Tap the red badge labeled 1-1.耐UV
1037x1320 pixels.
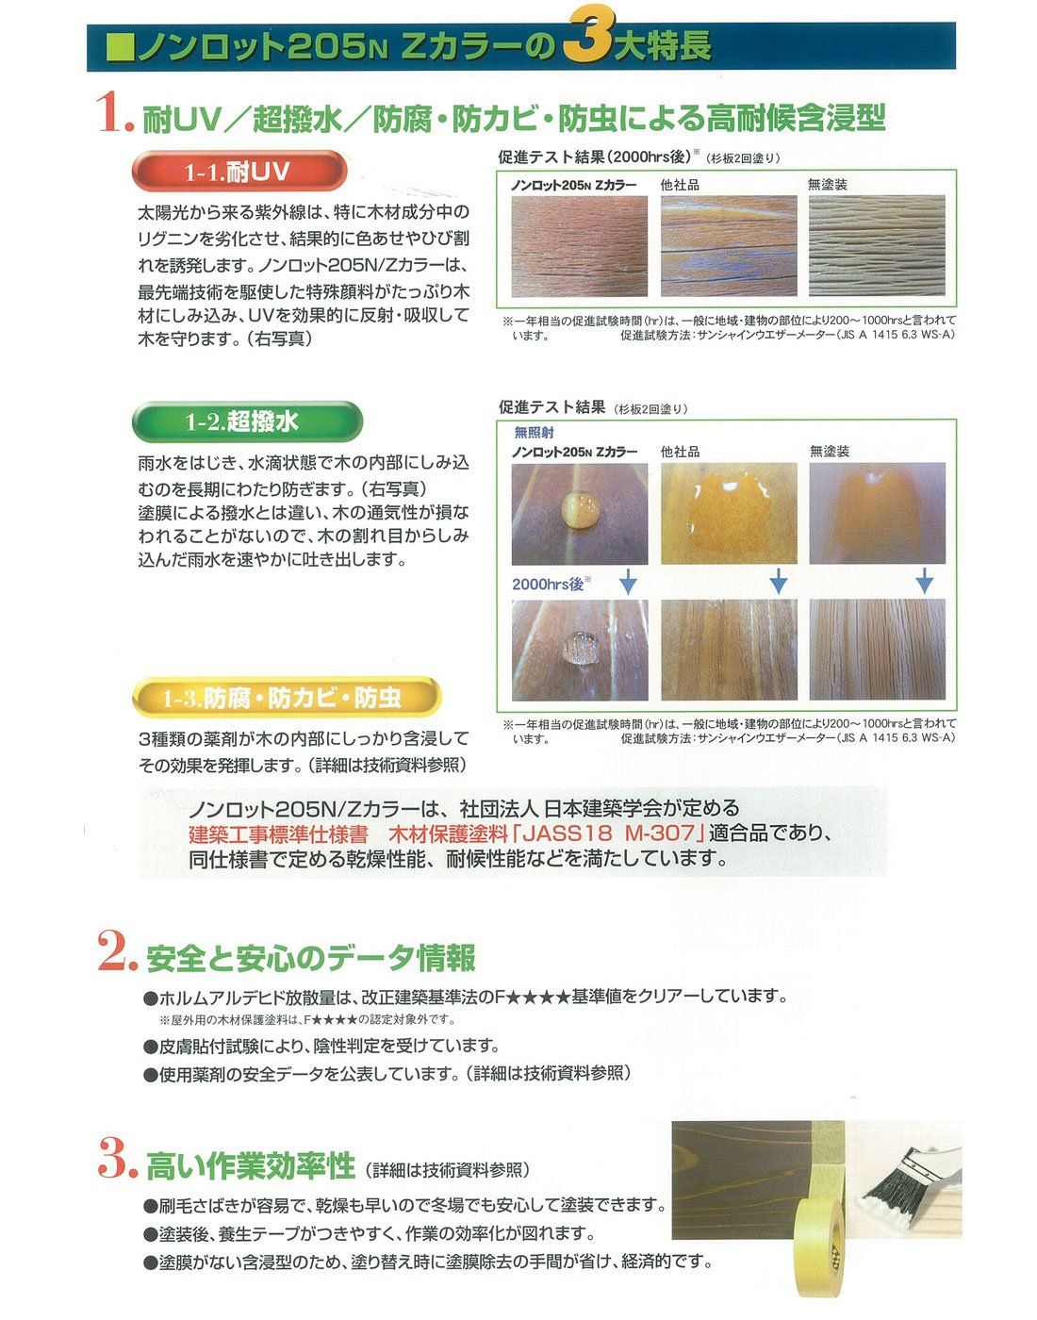(239, 172)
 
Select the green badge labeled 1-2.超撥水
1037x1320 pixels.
(247, 421)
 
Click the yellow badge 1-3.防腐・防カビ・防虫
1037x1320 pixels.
(286, 698)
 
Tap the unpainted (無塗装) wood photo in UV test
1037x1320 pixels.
(876, 246)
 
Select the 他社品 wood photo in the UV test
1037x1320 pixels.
(729, 246)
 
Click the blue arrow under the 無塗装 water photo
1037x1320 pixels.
(925, 580)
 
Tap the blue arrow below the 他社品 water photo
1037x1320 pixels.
(778, 580)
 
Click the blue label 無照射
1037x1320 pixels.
(534, 433)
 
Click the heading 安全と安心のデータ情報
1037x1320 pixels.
(310, 958)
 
